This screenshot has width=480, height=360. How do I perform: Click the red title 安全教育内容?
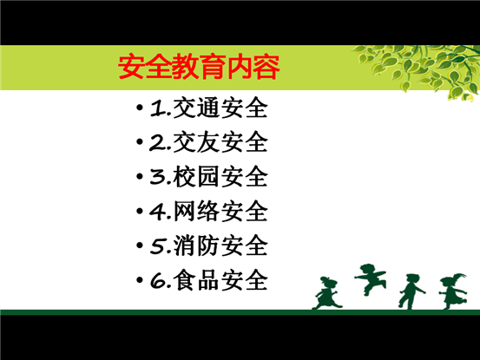[x=199, y=67]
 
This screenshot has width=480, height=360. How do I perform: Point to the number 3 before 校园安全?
[x=157, y=177]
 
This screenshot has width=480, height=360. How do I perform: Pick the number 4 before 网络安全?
[x=158, y=212]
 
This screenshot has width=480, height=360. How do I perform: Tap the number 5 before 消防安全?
[x=158, y=246]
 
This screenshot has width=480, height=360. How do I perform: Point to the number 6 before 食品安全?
[x=158, y=280]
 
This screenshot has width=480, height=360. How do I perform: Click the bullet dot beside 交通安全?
[x=140, y=108]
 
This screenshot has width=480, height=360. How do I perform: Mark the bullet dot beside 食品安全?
[x=140, y=279]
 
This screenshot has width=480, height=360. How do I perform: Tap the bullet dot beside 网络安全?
[x=140, y=211]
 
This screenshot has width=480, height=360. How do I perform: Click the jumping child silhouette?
[x=371, y=278]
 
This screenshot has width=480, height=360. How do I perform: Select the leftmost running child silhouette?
[x=327, y=293]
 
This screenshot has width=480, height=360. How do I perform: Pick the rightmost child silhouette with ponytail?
[x=453, y=291]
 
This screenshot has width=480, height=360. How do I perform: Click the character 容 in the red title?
[x=266, y=67]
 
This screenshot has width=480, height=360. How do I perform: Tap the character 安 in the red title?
[x=132, y=67]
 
